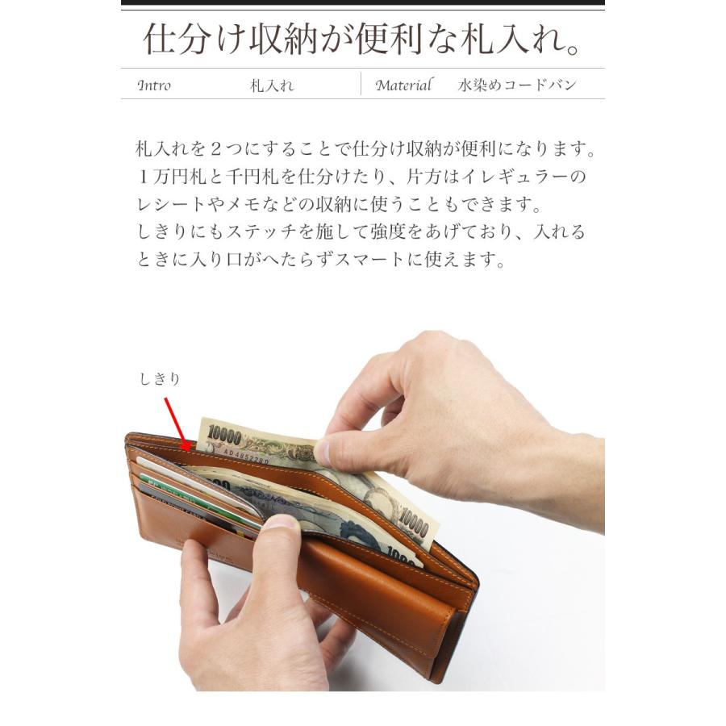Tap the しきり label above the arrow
point(158,378)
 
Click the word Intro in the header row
point(154,86)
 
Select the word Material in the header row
point(404,86)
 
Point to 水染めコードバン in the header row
point(517,86)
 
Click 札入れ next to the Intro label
point(272,86)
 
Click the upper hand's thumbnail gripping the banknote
point(323,451)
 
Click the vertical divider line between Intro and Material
point(361,85)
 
